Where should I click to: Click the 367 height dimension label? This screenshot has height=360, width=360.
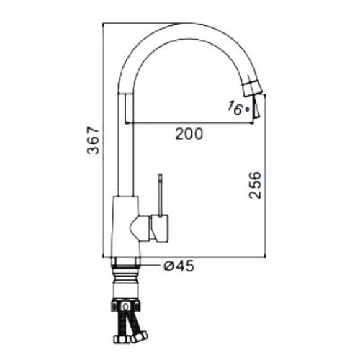[93, 140]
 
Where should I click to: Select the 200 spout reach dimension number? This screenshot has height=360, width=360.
[189, 134]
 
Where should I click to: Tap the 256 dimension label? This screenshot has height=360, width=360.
[254, 185]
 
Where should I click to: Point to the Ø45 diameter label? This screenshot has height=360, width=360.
[179, 266]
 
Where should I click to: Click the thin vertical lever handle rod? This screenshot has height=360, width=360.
[160, 195]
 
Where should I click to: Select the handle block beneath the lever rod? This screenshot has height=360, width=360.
[160, 228]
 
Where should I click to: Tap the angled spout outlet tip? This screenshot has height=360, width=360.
[258, 106]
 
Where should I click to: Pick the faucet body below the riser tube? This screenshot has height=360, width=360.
[125, 226]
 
